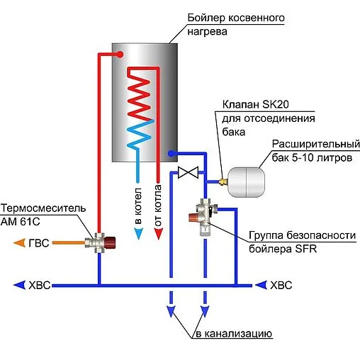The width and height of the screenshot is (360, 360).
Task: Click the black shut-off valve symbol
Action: pyautogui.click(x=189, y=172)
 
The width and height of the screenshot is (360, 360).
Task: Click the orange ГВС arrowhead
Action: pyautogui.click(x=20, y=243)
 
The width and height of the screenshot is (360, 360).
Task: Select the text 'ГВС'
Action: pyautogui.click(x=39, y=243)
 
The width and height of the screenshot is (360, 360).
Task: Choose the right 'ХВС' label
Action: pyautogui.click(x=281, y=286)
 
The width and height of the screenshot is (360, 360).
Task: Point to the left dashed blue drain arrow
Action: pyautogui.click(x=171, y=308)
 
